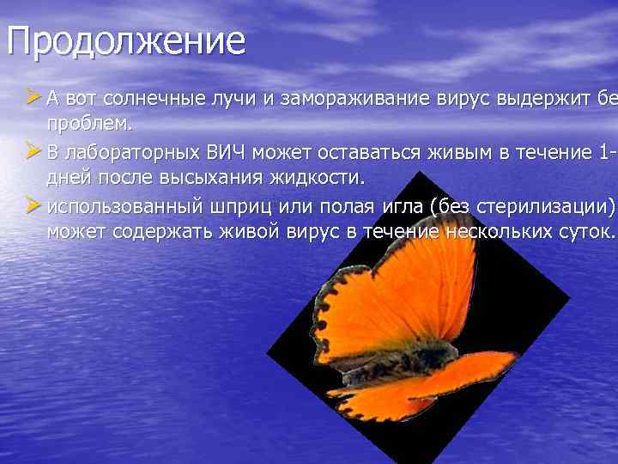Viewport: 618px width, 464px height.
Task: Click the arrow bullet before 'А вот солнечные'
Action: tap(33, 97)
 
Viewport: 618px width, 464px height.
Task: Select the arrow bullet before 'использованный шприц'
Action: tap(33, 206)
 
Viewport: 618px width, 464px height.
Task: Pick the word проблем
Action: tap(89, 125)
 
